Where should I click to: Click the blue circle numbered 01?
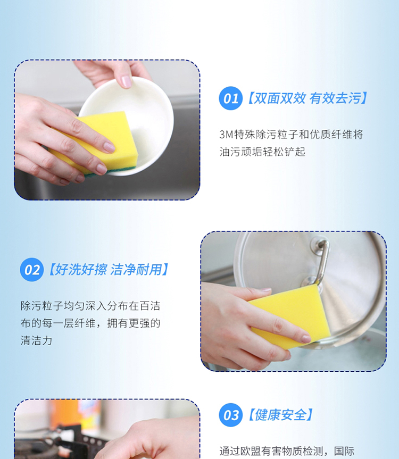pyautogui.click(x=231, y=98)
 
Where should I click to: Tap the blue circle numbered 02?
pyautogui.click(x=32, y=270)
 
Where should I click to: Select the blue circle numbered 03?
pyautogui.click(x=231, y=415)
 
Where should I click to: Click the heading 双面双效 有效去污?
pyautogui.click(x=307, y=98)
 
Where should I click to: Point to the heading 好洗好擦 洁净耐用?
pyautogui.click(x=109, y=269)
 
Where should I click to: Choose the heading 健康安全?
pyautogui.click(x=281, y=415)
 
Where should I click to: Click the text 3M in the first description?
pyautogui.click(x=226, y=135)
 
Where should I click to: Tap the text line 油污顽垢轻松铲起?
pyautogui.click(x=262, y=152)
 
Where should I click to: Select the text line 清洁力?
pyautogui.click(x=36, y=340)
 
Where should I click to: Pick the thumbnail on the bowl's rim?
pyautogui.click(x=127, y=81)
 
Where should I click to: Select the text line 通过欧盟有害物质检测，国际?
pyautogui.click(x=287, y=451)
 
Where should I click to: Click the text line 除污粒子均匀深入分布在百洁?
pyautogui.click(x=90, y=306)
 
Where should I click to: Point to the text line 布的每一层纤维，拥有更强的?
pyautogui.click(x=90, y=323)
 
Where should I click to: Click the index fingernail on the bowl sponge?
pyautogui.click(x=109, y=147)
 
